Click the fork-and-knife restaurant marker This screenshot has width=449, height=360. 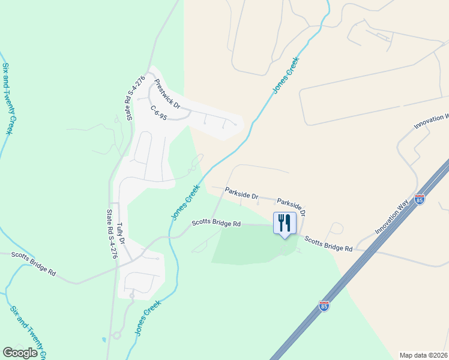284,223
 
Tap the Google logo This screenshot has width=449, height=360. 20,353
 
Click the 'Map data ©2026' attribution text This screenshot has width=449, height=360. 423,355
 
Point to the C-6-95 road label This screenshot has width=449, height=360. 158,111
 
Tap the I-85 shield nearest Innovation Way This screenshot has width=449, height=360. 420,198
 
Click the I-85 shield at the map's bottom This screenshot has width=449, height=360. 324,307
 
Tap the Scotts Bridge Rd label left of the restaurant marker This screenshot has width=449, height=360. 216,223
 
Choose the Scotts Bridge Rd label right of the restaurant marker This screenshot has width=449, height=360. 328,243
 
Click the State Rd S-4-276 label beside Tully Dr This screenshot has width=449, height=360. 111,233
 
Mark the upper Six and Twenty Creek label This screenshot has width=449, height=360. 7,99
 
